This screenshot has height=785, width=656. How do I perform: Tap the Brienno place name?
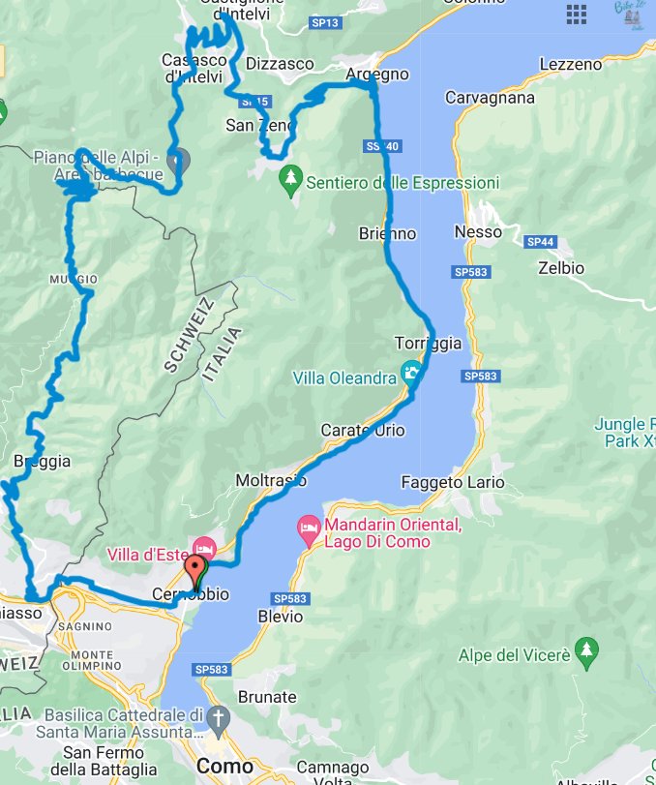pos(387,233)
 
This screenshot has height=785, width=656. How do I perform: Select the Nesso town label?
pos(478,232)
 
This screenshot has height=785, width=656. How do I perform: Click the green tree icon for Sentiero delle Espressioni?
pos(289,179)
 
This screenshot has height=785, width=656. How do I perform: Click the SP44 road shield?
pos(539,240)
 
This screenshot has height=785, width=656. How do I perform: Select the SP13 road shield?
pos(324,21)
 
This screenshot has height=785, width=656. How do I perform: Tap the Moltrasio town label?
pos(271,480)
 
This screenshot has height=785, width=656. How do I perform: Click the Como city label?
pos(225,766)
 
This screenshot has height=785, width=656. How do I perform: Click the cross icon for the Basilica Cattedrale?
pos(220,718)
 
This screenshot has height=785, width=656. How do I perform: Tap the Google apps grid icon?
pos(577,14)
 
